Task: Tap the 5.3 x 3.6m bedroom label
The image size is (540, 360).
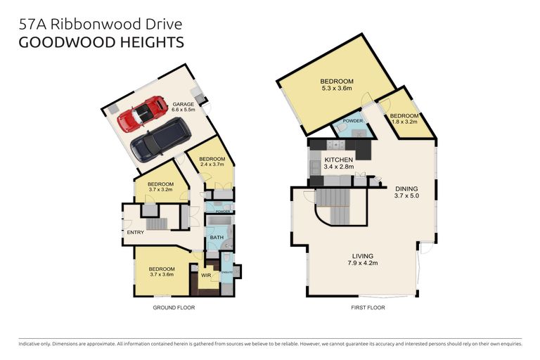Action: (337, 85)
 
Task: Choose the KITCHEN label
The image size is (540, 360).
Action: (338, 165)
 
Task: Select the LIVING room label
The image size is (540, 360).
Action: (364, 259)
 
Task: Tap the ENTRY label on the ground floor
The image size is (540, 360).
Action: (134, 232)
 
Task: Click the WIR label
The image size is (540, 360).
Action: (206, 276)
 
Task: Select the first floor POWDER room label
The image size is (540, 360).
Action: (352, 121)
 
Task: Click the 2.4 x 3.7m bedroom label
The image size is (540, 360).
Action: (211, 162)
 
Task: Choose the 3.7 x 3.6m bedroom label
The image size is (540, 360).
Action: (161, 271)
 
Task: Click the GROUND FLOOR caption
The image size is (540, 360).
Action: (174, 307)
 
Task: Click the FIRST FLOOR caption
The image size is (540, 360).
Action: (366, 307)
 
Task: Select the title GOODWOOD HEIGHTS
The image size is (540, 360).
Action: (101, 41)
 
